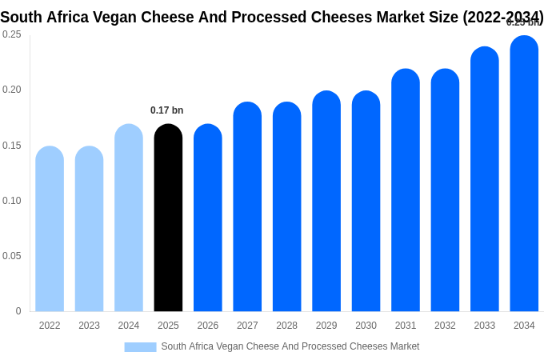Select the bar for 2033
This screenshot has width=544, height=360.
point(485,179)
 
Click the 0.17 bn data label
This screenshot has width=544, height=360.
point(167,110)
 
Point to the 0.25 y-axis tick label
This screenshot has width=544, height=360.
point(12,34)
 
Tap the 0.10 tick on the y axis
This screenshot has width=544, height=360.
point(12,201)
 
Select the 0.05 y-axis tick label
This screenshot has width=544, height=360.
point(12,256)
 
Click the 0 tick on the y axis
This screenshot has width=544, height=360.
point(18,311)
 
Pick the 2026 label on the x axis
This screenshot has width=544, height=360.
point(208,326)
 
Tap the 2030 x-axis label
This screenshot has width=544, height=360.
point(366,326)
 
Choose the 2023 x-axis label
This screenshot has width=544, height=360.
point(89,326)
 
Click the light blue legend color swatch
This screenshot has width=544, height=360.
point(140,347)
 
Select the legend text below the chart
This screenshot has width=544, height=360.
point(290,346)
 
